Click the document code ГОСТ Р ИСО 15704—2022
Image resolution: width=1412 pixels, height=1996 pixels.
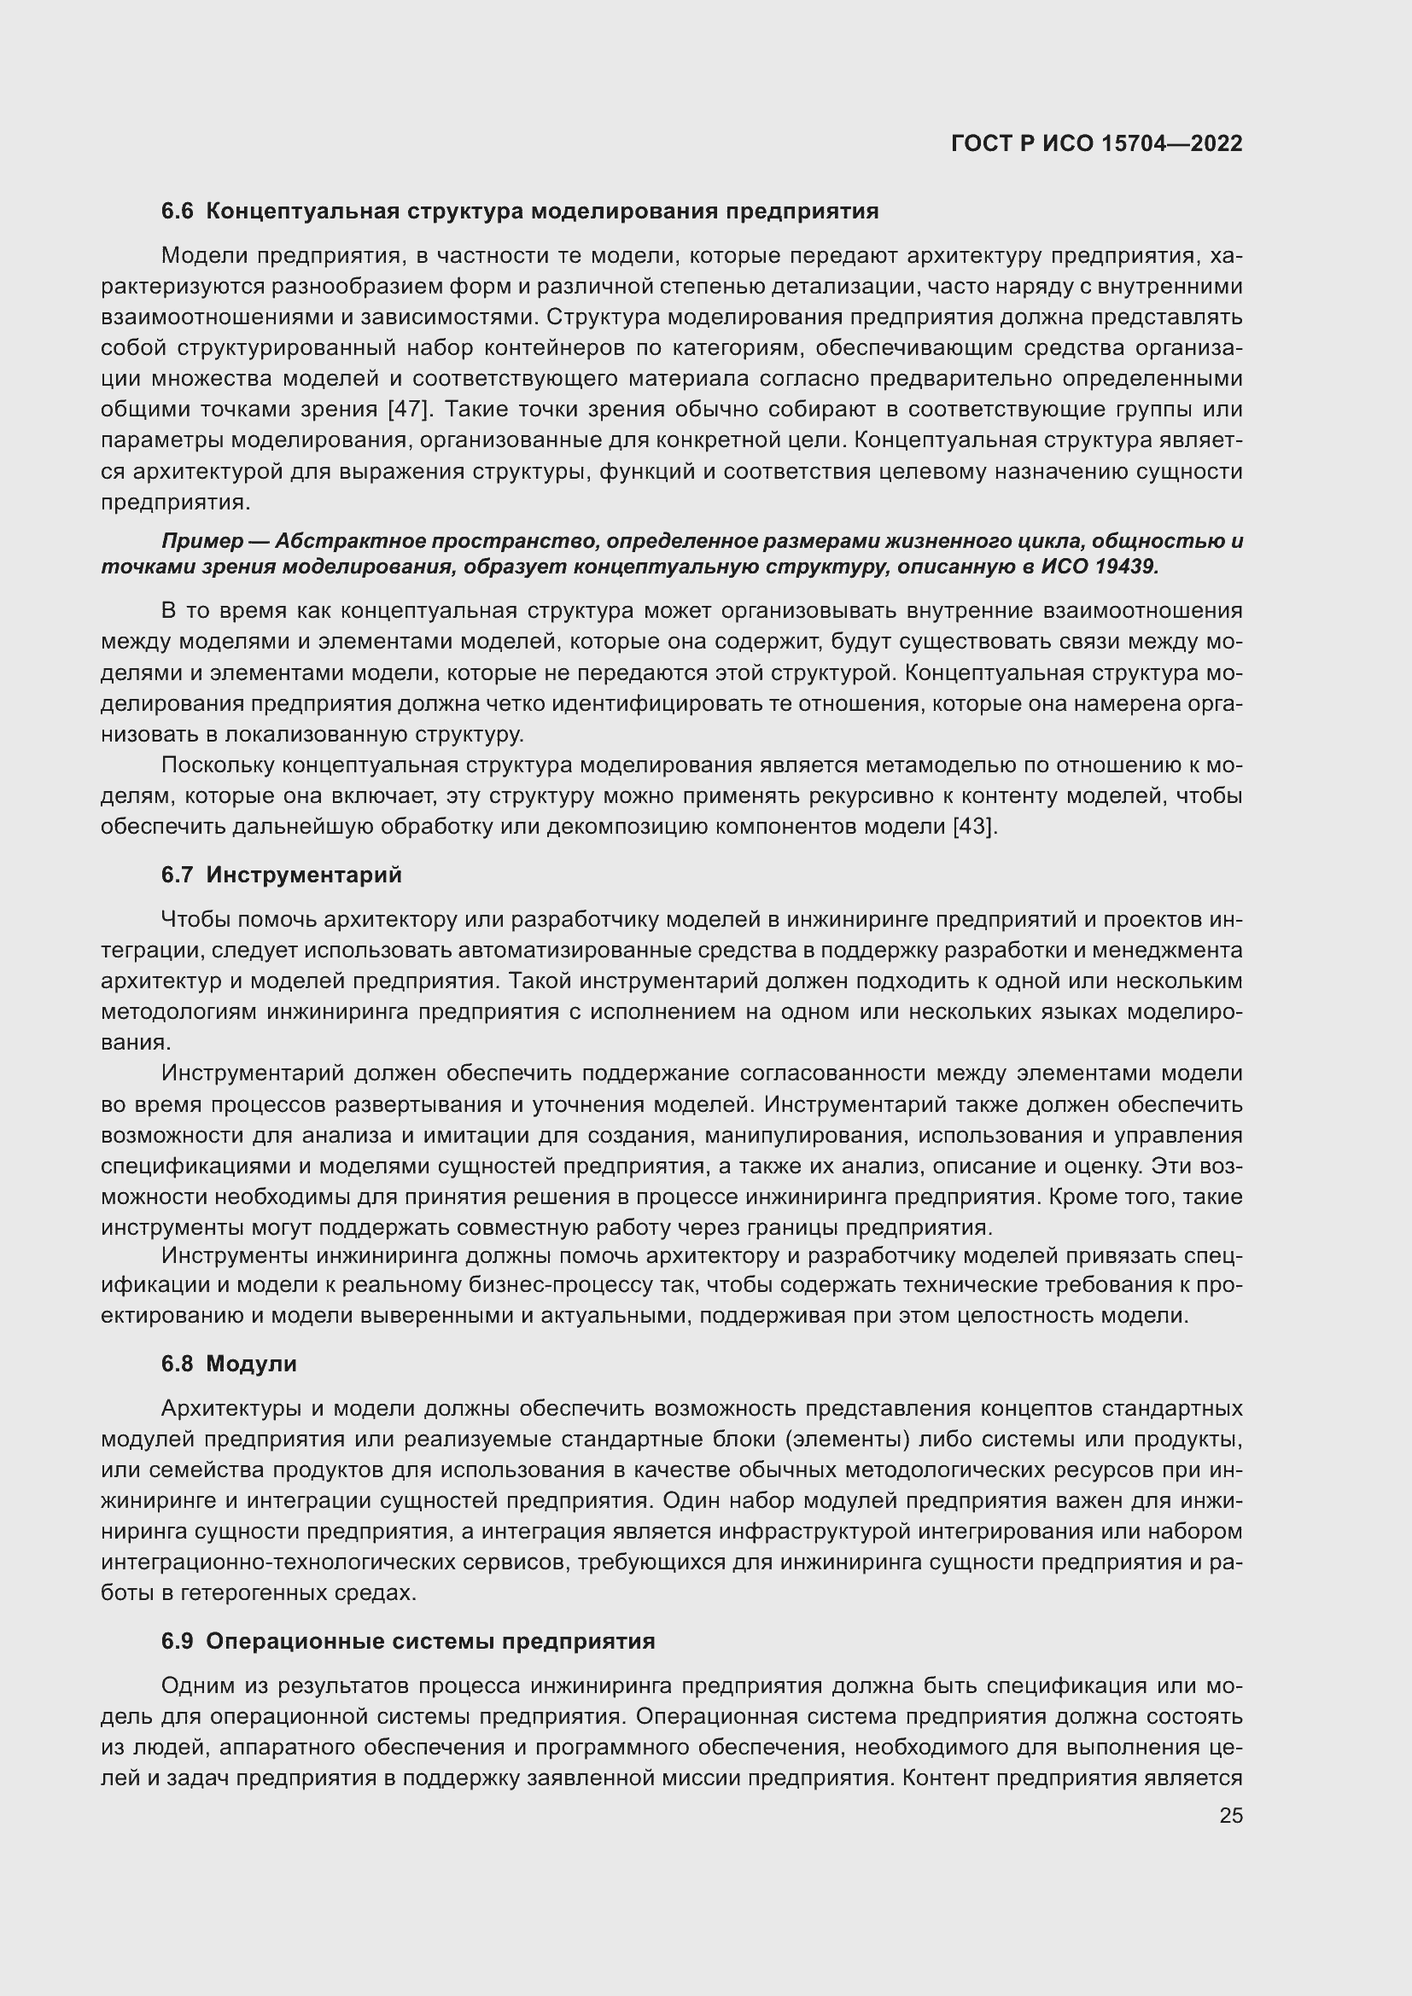pos(1096,143)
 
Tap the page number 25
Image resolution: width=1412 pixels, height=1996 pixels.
pos(1230,1815)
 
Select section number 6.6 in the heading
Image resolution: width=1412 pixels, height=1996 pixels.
pos(178,212)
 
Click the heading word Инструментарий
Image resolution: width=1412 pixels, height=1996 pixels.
pos(303,875)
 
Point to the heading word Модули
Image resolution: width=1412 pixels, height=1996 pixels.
pos(251,1364)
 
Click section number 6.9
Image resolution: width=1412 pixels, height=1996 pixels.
pos(178,1641)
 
